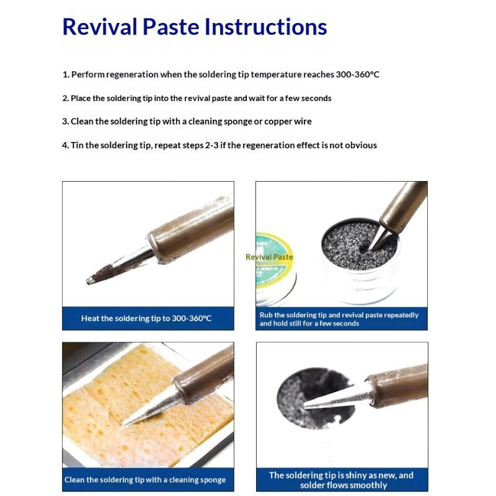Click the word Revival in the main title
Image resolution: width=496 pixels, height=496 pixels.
click(100, 27)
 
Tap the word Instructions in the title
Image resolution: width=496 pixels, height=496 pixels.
click(266, 27)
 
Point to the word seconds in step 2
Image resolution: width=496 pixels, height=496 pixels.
click(316, 99)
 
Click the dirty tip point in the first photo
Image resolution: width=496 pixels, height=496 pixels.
click(89, 281)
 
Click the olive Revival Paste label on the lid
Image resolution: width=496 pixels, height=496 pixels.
click(269, 257)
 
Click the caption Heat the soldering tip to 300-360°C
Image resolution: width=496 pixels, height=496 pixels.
click(146, 318)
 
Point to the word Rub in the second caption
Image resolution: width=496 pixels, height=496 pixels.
click(266, 315)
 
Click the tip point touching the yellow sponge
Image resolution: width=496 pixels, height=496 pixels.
click(125, 423)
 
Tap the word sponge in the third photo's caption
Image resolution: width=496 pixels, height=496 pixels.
click(213, 480)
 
